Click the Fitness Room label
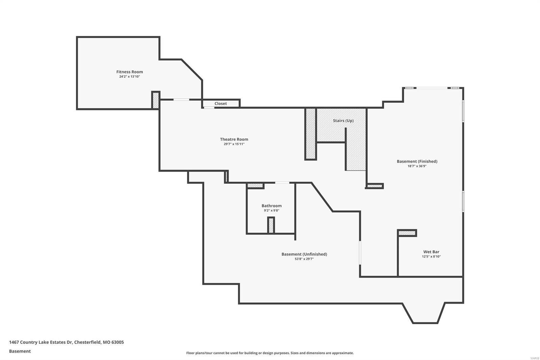130,72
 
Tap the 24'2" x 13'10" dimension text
130,77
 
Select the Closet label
221,104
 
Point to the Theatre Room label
234,139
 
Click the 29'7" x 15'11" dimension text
234,144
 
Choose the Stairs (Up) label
343,121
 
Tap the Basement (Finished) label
417,161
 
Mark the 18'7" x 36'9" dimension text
417,166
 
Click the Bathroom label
271,206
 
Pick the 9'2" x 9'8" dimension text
271,211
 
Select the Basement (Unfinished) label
304,254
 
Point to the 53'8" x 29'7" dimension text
304,259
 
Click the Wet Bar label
431,252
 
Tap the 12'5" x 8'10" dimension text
431,257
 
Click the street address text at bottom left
66,342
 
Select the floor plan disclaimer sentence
270,353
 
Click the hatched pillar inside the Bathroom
271,225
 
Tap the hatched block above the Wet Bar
407,233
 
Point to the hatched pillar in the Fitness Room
156,100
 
